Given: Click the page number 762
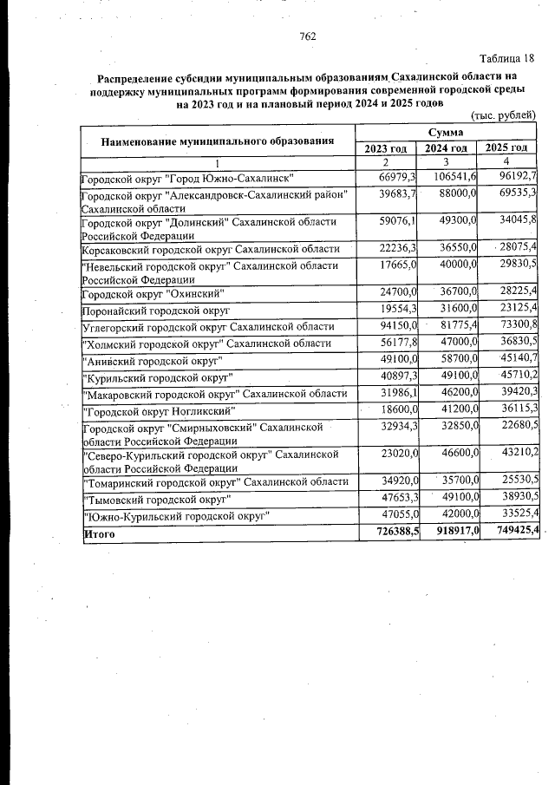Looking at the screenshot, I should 306,36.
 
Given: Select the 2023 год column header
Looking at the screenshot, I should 388,148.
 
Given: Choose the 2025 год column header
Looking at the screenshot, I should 508,147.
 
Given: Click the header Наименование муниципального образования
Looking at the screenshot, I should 218,141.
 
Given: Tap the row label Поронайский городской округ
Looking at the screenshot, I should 155,310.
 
